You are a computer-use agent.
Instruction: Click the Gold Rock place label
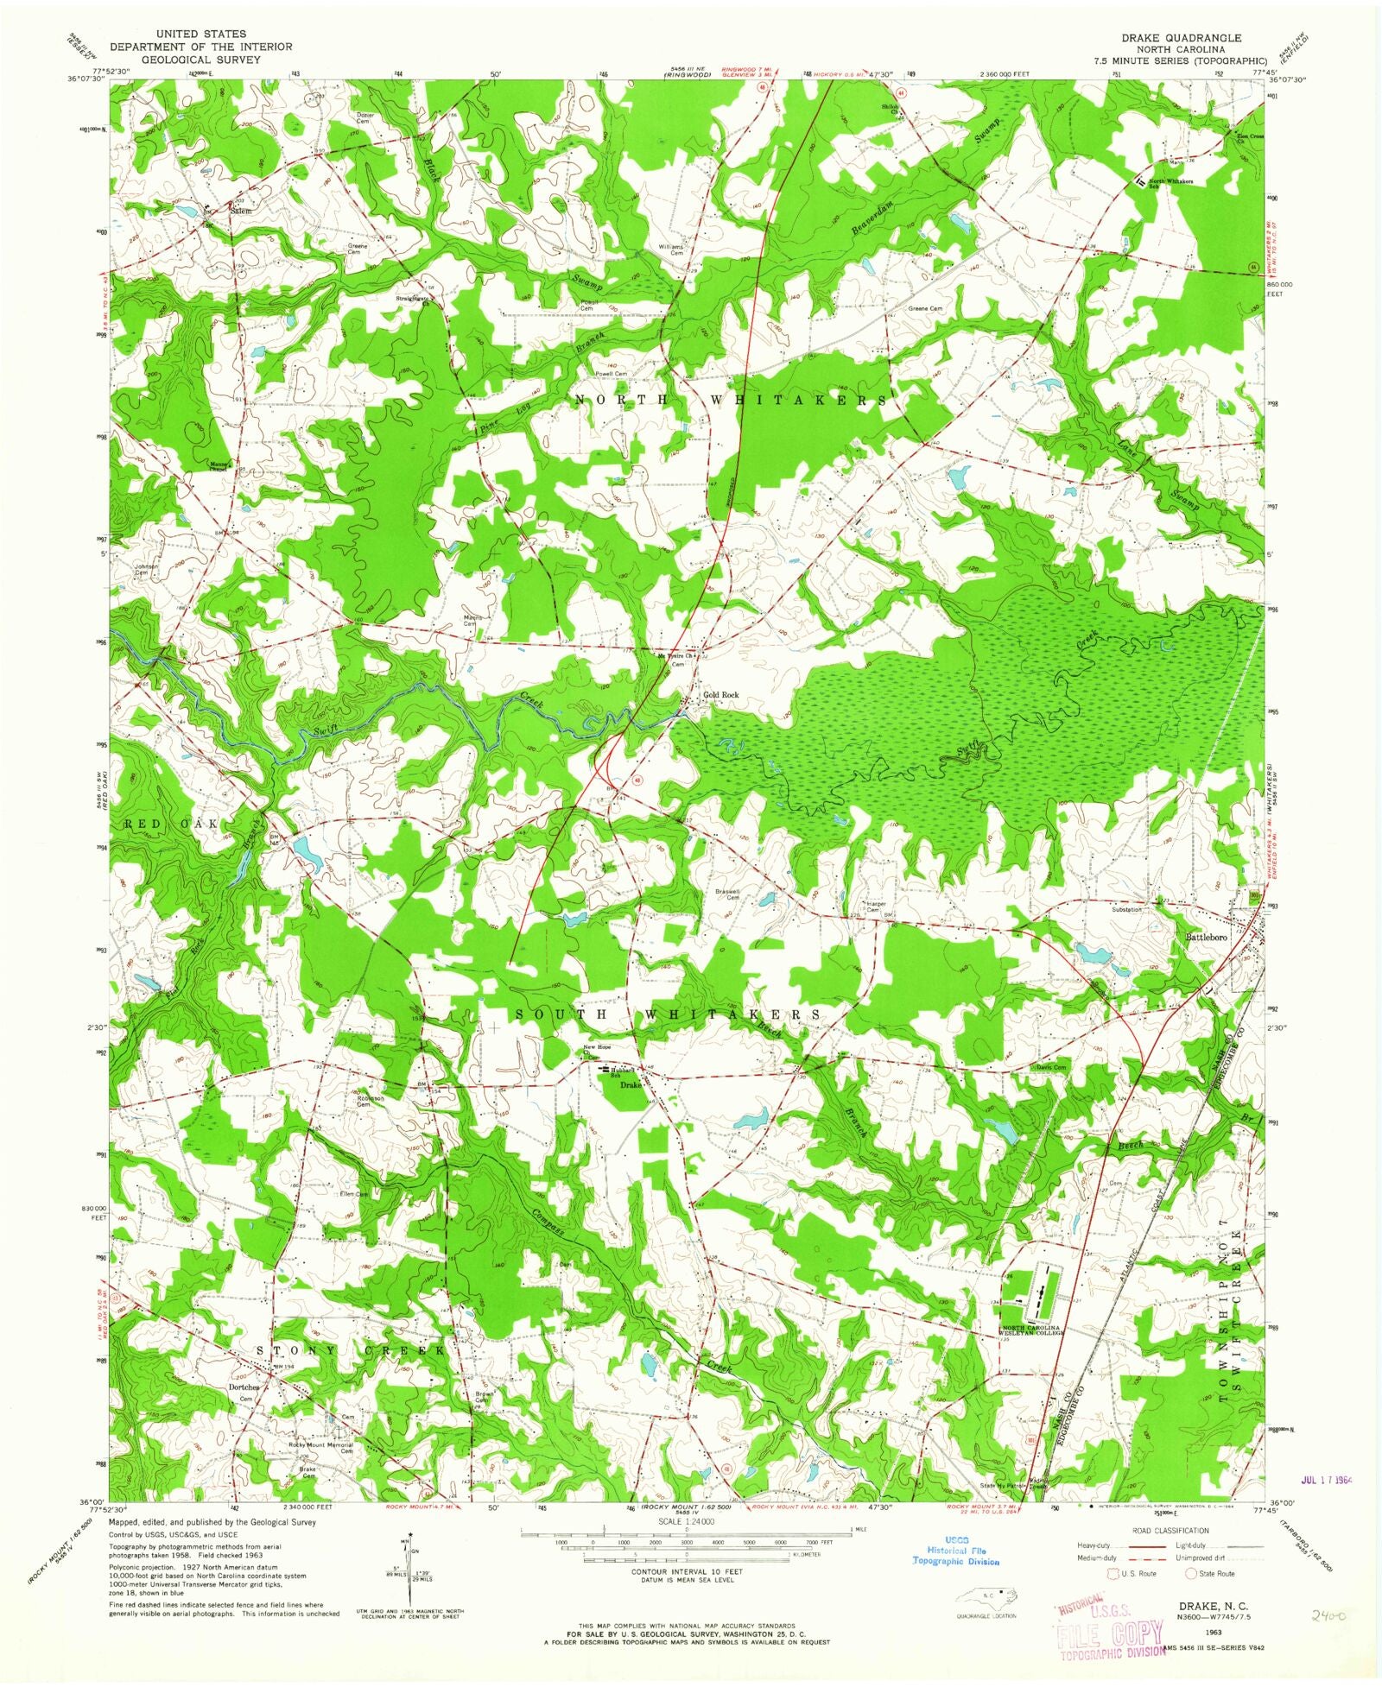pos(721,695)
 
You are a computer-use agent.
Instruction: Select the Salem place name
pos(241,210)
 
